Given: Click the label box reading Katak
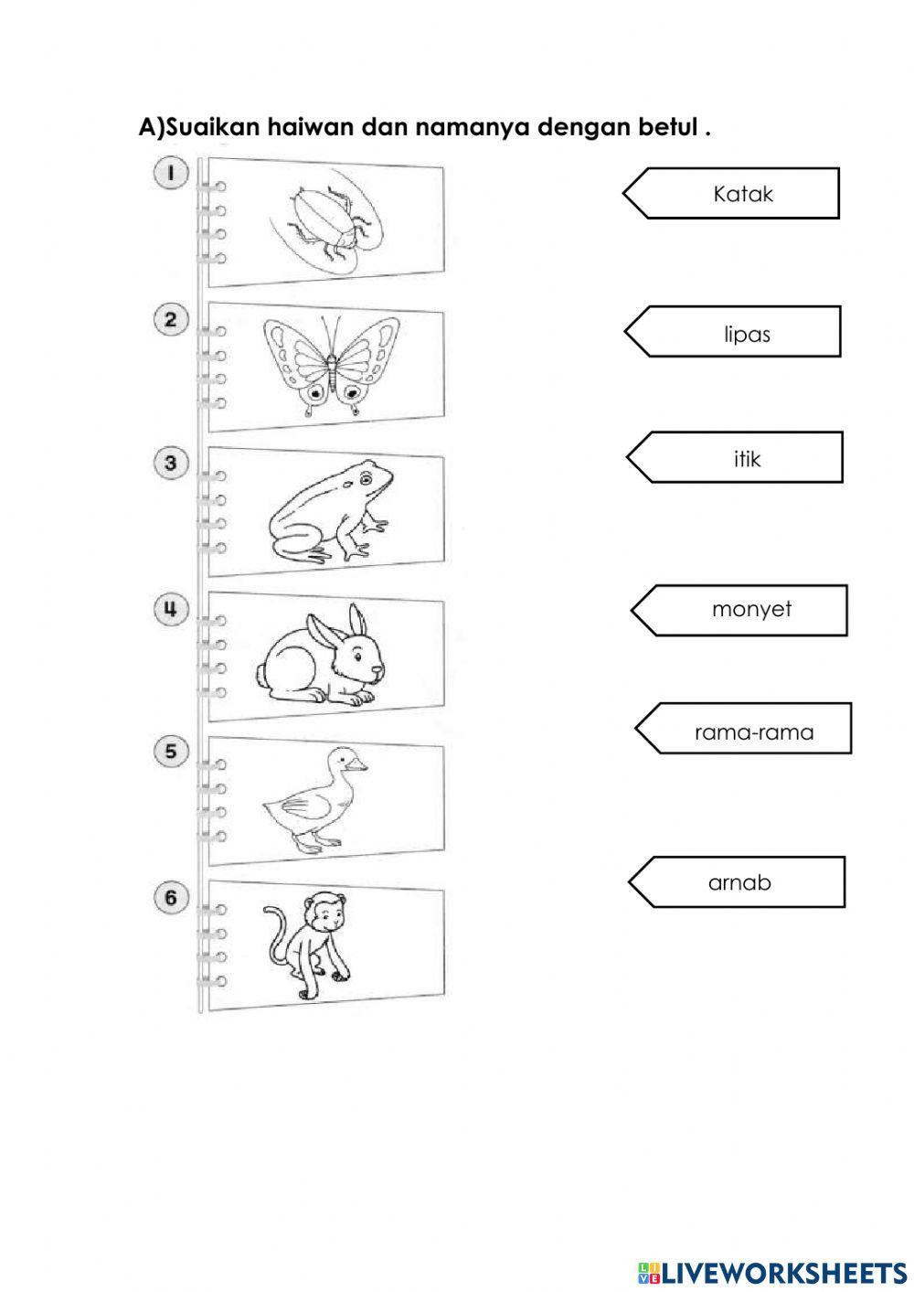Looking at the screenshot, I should tap(742, 194).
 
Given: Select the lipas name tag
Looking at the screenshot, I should tap(746, 334).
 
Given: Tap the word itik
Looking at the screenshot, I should tap(747, 459).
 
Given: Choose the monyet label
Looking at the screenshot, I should tap(751, 610).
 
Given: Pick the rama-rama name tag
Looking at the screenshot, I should tap(754, 732).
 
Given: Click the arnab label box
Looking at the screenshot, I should tap(739, 883).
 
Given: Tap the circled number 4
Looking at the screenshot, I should tap(170, 609).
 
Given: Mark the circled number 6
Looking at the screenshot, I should tap(170, 899).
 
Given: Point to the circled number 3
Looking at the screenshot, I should tap(170, 464).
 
